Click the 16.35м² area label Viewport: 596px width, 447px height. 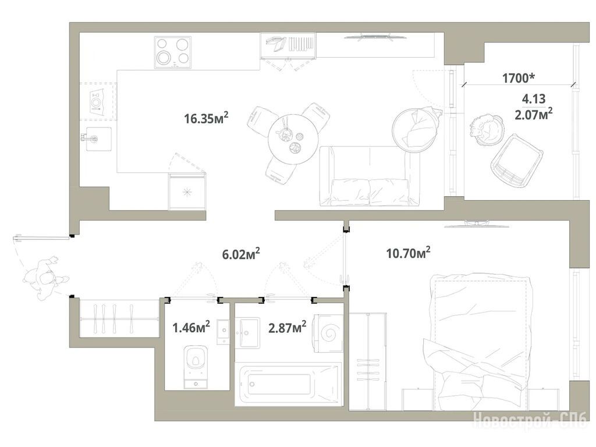pyautogui.click(x=206, y=118)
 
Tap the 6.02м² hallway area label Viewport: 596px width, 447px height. pyautogui.click(x=241, y=254)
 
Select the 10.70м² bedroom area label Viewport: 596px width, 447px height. pyautogui.click(x=408, y=253)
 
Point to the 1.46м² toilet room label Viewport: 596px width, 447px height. pyautogui.click(x=191, y=327)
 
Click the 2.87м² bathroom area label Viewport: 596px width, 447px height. pyautogui.click(x=288, y=327)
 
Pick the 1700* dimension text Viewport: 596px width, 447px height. pyautogui.click(x=519, y=79)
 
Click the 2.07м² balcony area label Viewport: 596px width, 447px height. pyautogui.click(x=533, y=113)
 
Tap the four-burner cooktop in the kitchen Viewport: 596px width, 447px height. pyautogui.click(x=172, y=52)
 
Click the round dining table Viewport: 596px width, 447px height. pyautogui.click(x=292, y=139)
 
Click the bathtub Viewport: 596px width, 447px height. pyautogui.click(x=288, y=384)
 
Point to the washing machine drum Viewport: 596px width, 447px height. pyautogui.click(x=329, y=334)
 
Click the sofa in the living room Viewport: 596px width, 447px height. pyautogui.click(x=370, y=176)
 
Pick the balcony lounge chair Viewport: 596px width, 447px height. pyautogui.click(x=517, y=161)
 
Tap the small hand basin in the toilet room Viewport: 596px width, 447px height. pyautogui.click(x=223, y=332)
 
